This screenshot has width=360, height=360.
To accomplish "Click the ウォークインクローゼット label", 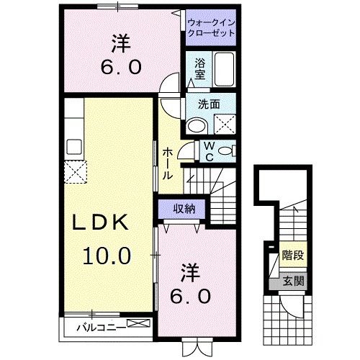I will point(212,27).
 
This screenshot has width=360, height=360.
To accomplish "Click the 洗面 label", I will point(209,103).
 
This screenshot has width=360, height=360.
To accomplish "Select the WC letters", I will point(207,153).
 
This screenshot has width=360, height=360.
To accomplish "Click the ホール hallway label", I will point(167,163).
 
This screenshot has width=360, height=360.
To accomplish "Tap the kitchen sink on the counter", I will point(74,147).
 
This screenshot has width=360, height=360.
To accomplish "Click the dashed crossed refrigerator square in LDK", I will point(75,172).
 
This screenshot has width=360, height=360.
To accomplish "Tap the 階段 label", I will point(292,254).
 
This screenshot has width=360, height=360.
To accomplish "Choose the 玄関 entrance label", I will point(292,281).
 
